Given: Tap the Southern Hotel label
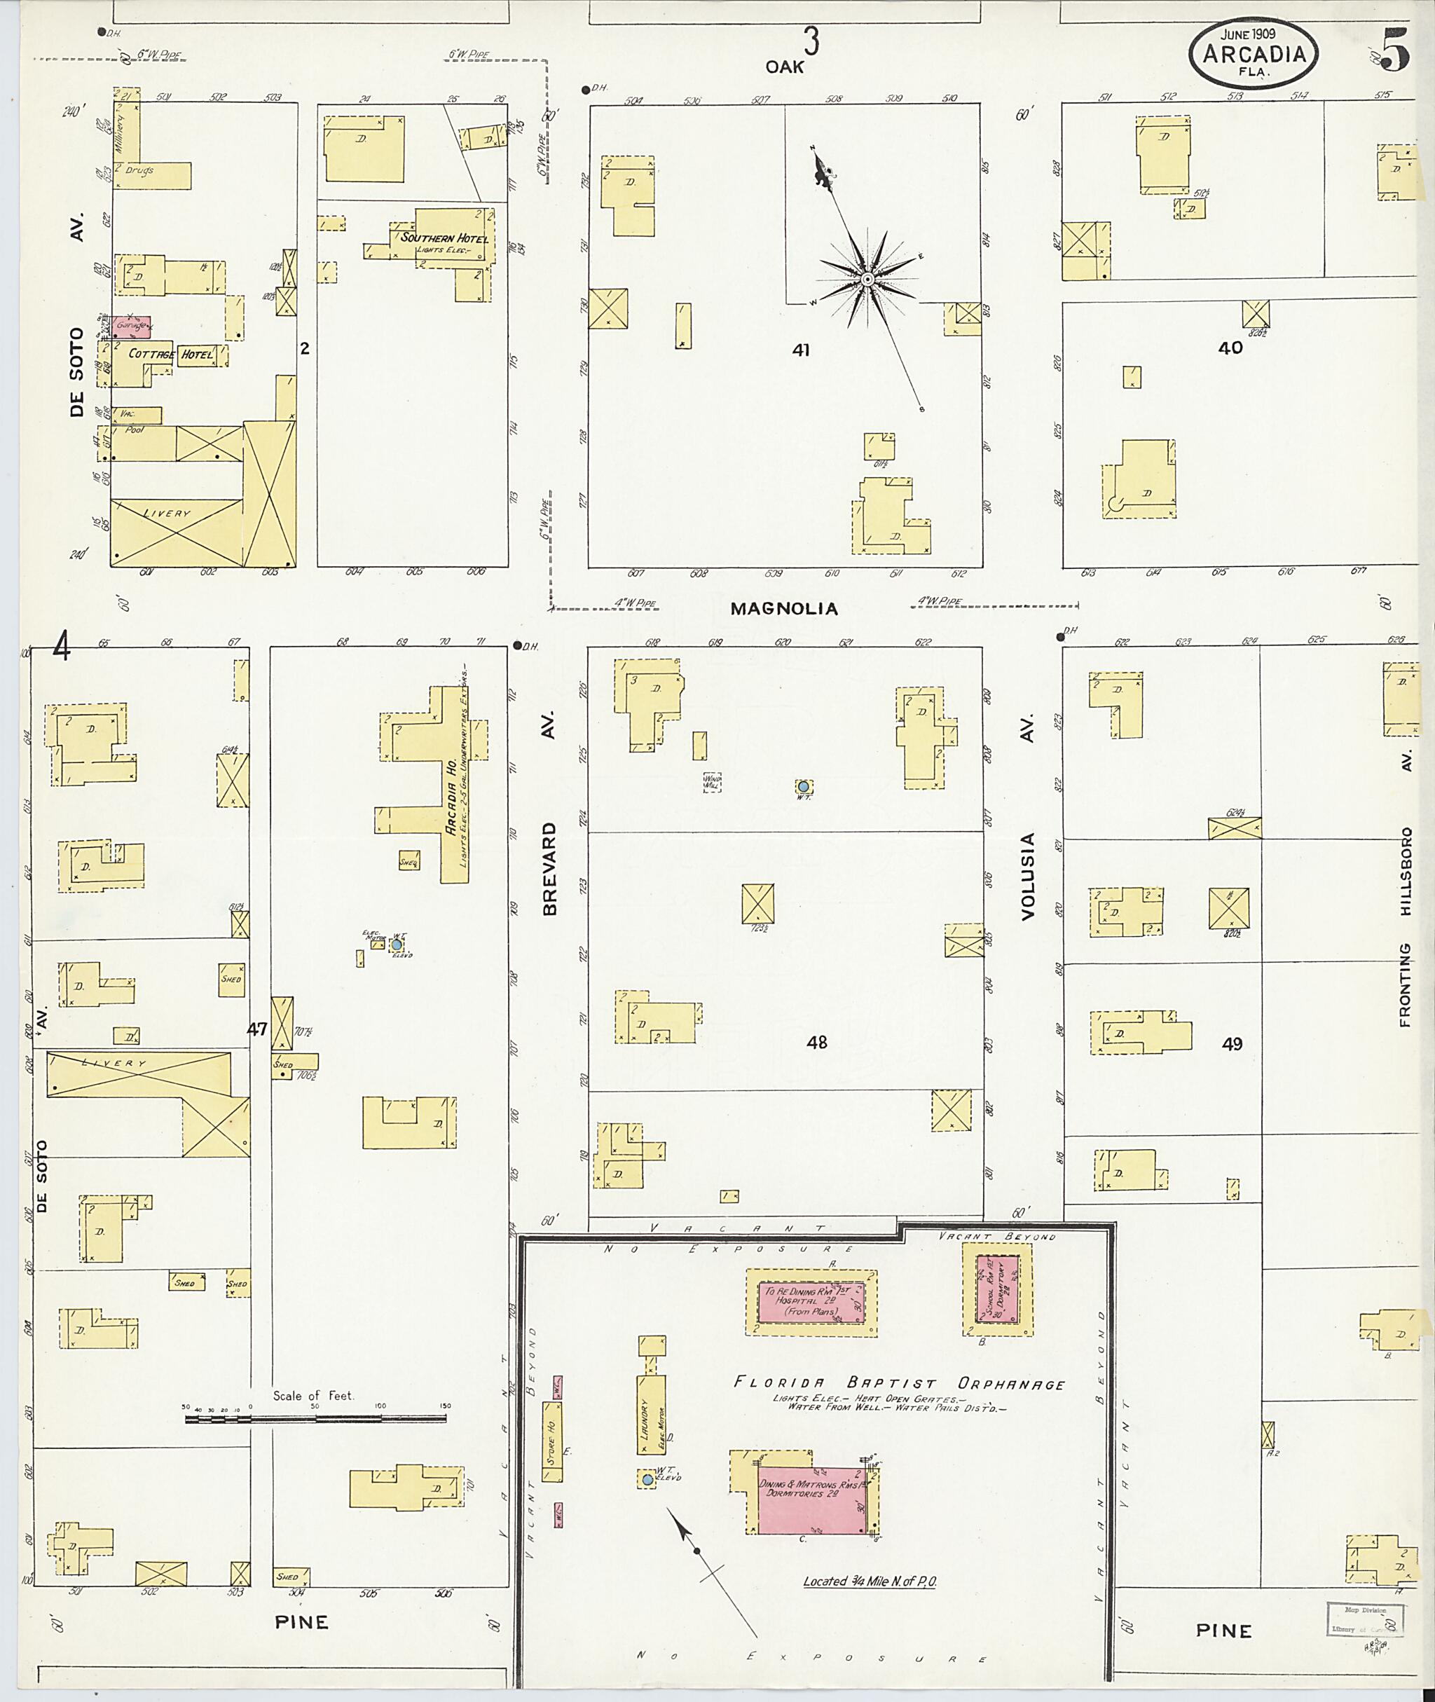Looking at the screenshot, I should point(444,238).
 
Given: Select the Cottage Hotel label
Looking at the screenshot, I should point(171,354).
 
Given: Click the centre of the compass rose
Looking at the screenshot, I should point(867,280).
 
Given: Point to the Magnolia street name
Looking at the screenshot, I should point(783,608).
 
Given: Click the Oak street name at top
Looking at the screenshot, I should point(784,67).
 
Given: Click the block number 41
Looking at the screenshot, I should point(802,350).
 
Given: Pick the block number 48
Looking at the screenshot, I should point(817,1041).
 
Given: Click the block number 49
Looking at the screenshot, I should point(1232,1044).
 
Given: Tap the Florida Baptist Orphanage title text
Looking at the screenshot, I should point(899,1382).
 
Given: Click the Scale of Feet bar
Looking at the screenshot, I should point(315,1419).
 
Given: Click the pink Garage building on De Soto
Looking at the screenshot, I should point(131,327).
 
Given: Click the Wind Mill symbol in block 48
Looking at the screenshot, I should point(712,781).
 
